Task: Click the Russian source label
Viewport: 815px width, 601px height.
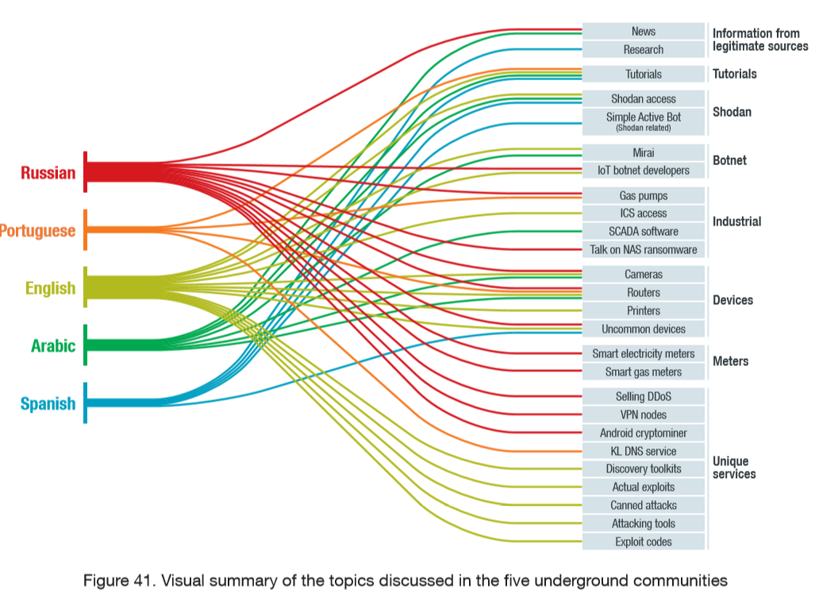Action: [x=48, y=172]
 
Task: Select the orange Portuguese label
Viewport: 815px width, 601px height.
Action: [x=37, y=230]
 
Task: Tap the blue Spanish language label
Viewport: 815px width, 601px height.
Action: [x=48, y=403]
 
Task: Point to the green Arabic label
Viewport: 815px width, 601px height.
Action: [x=53, y=345]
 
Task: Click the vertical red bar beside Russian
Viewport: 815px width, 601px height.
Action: [x=85, y=171]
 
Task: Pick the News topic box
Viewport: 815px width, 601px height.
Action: [x=643, y=31]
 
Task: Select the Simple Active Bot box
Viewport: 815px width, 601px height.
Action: [x=643, y=121]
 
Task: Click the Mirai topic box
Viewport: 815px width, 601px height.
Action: [x=643, y=152]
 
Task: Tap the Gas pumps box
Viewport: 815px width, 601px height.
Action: [x=643, y=195]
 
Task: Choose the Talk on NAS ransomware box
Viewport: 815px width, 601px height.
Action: [x=643, y=249]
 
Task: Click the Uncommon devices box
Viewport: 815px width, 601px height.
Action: [x=643, y=329]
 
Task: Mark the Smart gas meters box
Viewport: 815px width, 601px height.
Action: [x=643, y=372]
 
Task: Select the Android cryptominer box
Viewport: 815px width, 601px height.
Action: [x=643, y=433]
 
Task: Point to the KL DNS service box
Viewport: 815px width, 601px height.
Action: [x=643, y=451]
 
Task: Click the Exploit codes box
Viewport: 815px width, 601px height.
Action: [x=643, y=541]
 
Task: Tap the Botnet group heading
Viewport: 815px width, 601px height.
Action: [x=729, y=160]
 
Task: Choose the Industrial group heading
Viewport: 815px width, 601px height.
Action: [x=736, y=222]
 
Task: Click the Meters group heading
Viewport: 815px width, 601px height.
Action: [x=730, y=361]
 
